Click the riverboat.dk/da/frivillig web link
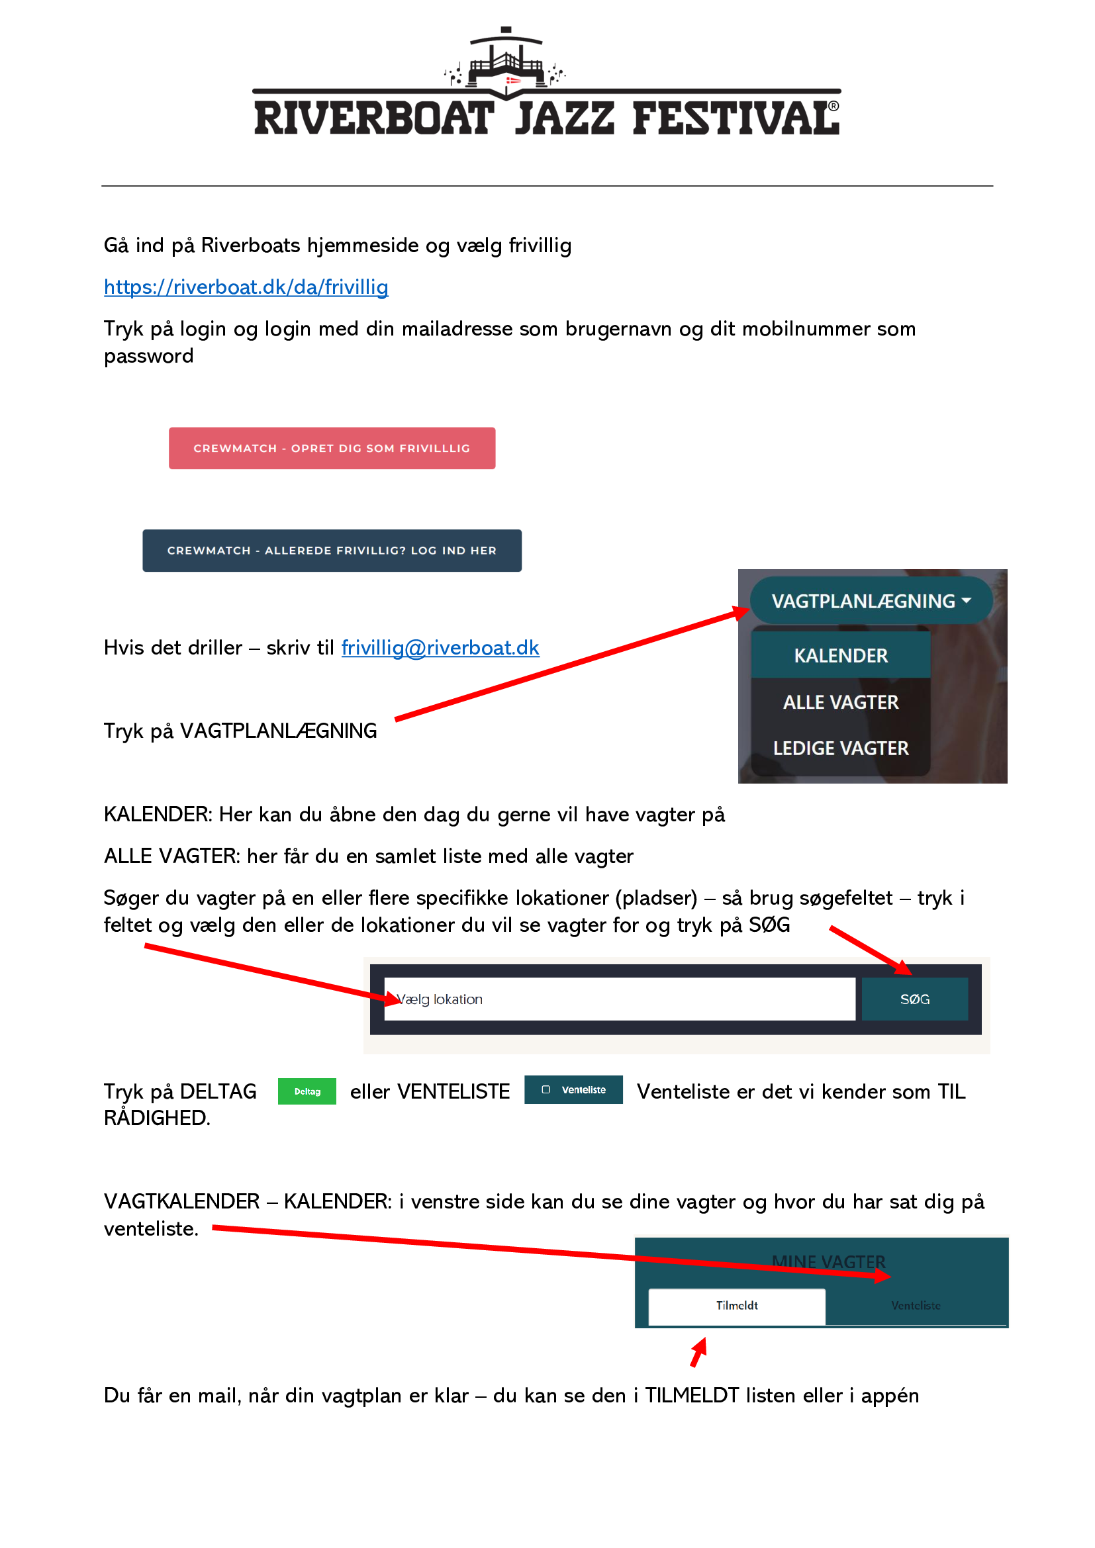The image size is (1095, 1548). tap(246, 287)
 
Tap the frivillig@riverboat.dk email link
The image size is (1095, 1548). tap(440, 648)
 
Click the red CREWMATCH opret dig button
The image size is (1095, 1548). tap(332, 448)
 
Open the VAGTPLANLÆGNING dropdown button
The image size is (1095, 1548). tap(871, 601)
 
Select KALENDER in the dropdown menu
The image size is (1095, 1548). tap(841, 655)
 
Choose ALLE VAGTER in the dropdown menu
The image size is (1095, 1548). tap(841, 702)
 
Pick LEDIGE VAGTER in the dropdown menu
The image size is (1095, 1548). tap(841, 749)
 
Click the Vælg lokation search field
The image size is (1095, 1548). tap(620, 999)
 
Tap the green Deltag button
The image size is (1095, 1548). tap(307, 1091)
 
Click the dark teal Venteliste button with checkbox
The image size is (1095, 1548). tap(574, 1089)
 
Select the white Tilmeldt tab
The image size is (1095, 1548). tap(737, 1306)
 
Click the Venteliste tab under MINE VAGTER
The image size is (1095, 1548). tap(916, 1306)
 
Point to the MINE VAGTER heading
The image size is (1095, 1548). tap(829, 1261)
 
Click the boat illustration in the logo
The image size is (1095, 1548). tap(506, 62)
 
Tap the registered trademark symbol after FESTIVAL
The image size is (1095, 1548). tap(834, 106)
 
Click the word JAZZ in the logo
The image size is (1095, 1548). tap(564, 118)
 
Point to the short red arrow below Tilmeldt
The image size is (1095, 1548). tap(698, 1352)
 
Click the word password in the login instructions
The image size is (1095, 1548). tap(148, 357)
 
